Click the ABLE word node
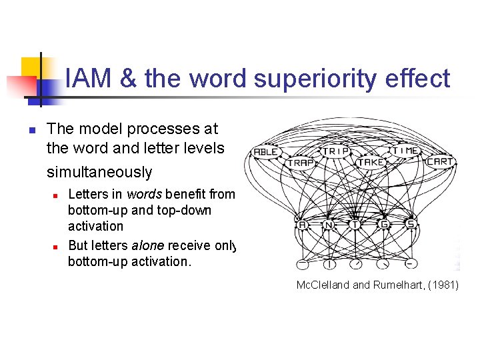tap(266, 152)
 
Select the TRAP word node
tap(301, 163)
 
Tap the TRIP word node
tap(337, 151)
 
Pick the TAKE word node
tap(371, 162)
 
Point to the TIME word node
tap(405, 151)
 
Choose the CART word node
tap(439, 161)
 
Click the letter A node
tap(302, 225)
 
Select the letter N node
tap(329, 225)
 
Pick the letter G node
tap(384, 225)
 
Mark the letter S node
tap(411, 225)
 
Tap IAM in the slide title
tap(89, 79)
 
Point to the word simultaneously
tap(99, 172)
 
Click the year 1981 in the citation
tap(443, 286)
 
